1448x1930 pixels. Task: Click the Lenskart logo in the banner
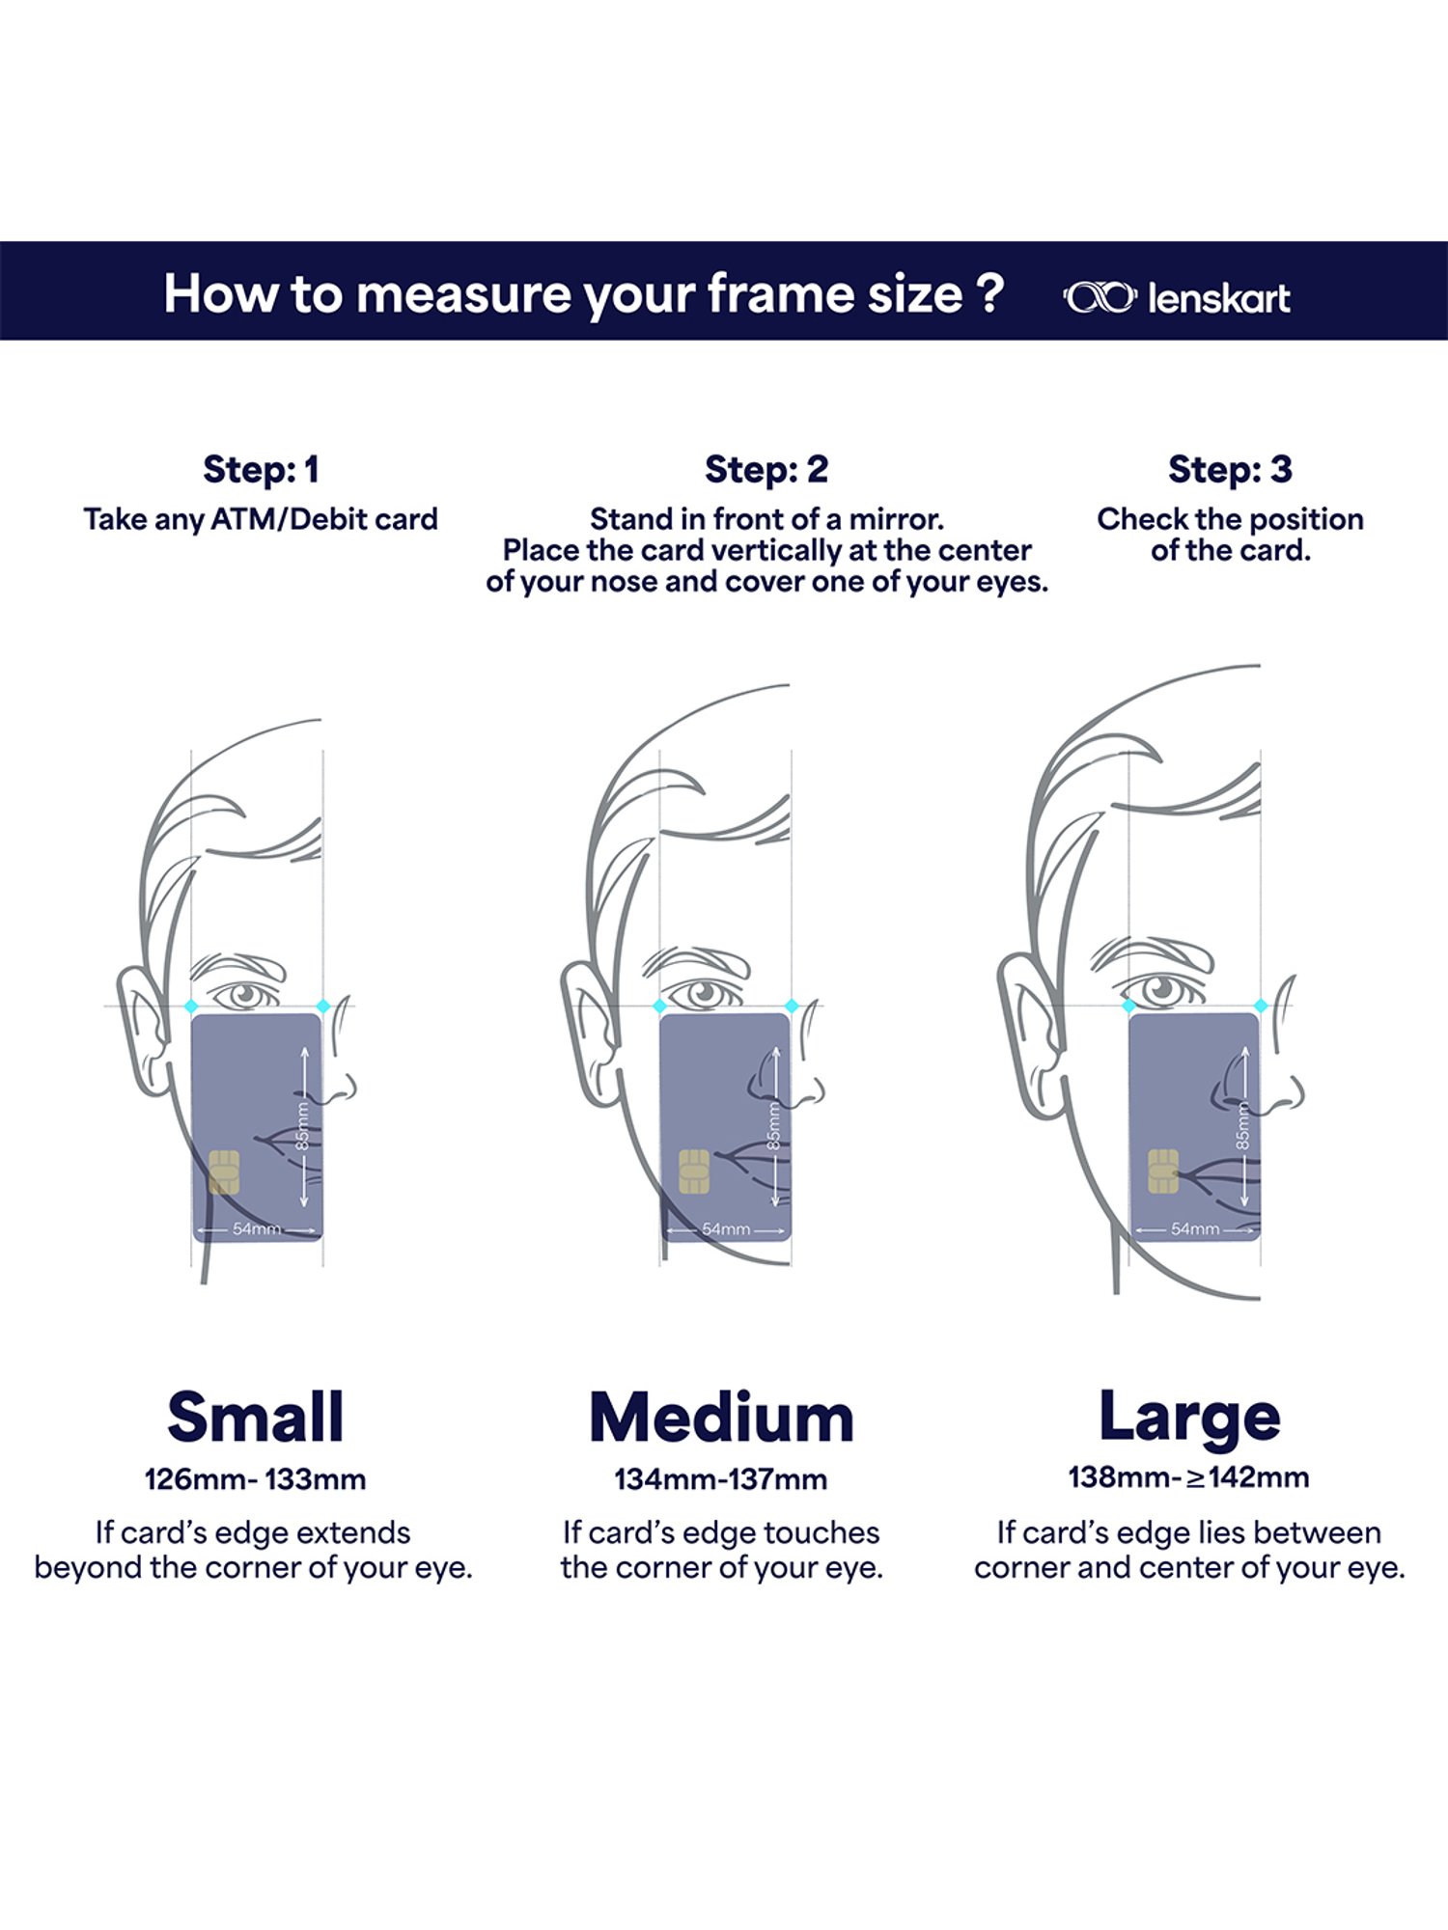1176,298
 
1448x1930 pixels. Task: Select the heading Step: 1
261,470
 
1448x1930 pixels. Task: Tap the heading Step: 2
766,470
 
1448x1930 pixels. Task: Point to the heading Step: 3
1230,470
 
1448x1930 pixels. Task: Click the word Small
256,1417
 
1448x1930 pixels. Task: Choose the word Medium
722,1417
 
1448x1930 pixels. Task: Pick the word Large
1189,1419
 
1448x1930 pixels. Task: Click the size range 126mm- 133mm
255,1479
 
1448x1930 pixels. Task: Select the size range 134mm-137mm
721,1479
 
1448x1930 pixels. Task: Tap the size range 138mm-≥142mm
1188,1477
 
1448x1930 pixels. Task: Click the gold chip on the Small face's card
224,1172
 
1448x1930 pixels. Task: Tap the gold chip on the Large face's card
1163,1172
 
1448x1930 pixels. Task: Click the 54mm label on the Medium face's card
726,1229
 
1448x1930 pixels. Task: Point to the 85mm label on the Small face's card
302,1126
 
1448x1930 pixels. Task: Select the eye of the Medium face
704,993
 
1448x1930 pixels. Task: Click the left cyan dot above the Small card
191,1006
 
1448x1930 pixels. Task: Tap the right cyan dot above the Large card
1261,1006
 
